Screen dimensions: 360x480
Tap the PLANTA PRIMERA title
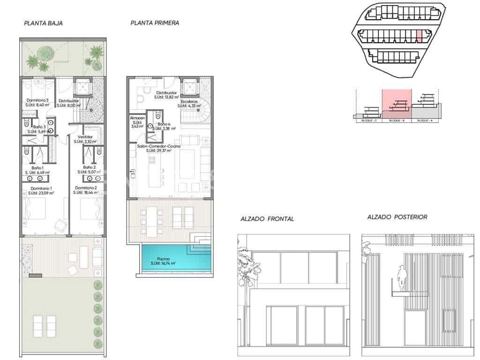click(154, 22)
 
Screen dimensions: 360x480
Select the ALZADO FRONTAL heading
click(267, 219)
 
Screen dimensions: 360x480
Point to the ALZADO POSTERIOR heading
click(397, 217)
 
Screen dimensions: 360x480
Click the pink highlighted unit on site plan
click(420, 36)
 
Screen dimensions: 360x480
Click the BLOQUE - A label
click(424, 120)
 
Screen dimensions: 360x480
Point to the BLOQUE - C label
click(369, 120)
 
